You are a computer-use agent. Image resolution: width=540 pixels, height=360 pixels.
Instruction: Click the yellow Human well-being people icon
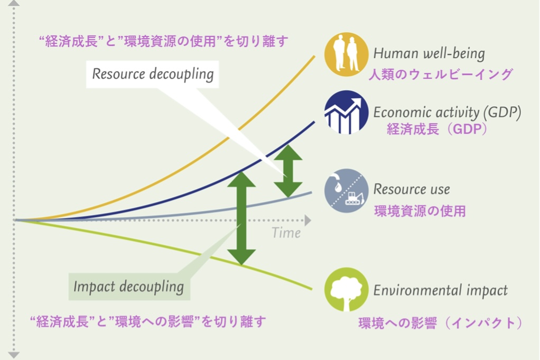[x=346, y=54]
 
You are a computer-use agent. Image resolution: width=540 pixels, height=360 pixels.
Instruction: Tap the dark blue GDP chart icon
[x=346, y=112]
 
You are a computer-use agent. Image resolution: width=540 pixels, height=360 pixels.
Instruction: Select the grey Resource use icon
[x=346, y=190]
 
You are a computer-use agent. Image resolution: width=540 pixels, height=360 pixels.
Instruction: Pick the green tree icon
[x=346, y=289]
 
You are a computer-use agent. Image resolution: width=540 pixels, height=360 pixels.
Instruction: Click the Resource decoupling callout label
[x=153, y=75]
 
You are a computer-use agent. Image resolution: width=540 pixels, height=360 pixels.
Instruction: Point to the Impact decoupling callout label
[x=129, y=287]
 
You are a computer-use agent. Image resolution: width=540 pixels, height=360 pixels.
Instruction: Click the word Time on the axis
[x=286, y=233]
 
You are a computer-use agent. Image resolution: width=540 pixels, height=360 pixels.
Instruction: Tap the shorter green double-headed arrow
[x=288, y=171]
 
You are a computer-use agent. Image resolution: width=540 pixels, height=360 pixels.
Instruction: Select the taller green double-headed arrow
[x=241, y=218]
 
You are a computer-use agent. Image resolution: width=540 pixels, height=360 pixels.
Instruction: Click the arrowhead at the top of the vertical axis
[x=13, y=3]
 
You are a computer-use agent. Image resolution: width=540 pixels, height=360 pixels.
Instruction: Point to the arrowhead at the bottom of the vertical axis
[x=13, y=355]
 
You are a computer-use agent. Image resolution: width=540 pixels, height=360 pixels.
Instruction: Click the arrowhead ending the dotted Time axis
[x=308, y=220]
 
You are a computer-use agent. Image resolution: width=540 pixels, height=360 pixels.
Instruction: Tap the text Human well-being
[x=429, y=53]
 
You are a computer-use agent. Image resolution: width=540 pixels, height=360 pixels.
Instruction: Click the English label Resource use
[x=412, y=189]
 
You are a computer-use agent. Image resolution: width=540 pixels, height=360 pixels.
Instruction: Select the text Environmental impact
[x=441, y=290]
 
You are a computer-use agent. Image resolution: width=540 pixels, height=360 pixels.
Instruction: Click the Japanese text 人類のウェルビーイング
[x=441, y=74]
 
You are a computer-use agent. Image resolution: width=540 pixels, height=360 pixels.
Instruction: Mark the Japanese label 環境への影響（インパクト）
[x=441, y=323]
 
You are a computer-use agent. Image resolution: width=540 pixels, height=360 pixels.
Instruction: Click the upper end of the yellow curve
[x=314, y=56]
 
